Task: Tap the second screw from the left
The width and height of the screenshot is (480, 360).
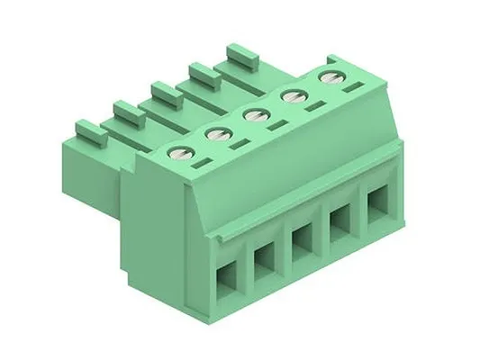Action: pos(216,134)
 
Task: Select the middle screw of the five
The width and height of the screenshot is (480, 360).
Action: pos(255,114)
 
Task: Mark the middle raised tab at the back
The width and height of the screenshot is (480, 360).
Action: pos(164,90)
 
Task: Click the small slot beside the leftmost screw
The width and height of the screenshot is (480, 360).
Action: pos(203,164)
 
